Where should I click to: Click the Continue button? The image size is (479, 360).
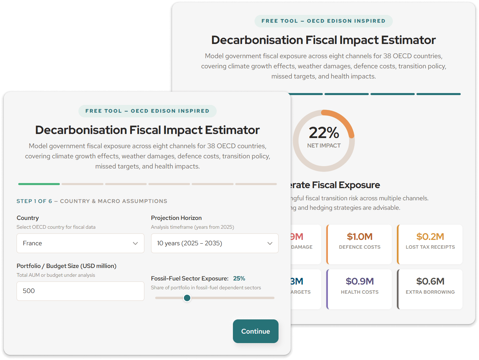point(256,331)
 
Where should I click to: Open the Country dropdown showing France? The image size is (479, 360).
point(80,243)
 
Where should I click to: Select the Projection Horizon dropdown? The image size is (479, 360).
point(215,243)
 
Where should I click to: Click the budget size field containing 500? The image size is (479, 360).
point(80,291)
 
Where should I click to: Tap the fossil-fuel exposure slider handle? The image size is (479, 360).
point(187,298)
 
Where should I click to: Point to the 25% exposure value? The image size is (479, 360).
point(239,278)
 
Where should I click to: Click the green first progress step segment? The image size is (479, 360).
point(39,184)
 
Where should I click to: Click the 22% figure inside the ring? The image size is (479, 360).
point(324,133)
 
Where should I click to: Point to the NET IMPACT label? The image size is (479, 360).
point(324,145)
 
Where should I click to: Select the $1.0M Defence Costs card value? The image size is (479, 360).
point(359,237)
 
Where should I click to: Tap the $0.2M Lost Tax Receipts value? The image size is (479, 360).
point(430,237)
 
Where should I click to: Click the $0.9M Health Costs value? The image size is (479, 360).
point(359,281)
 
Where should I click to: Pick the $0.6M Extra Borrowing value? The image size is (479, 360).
point(430,281)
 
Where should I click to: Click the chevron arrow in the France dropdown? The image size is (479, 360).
point(135,243)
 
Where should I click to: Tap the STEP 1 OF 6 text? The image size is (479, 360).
point(34,201)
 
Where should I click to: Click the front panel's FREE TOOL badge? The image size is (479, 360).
point(147,111)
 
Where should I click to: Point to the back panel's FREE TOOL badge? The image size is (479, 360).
point(324,21)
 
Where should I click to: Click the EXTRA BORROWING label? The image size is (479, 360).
point(430,292)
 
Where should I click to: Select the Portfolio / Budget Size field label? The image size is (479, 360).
point(67,266)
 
